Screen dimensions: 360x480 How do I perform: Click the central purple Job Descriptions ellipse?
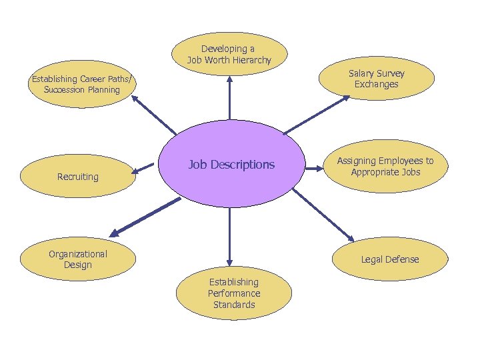[231, 164]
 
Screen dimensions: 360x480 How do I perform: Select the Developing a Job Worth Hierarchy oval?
[229, 54]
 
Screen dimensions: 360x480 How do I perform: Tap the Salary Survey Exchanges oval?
[376, 79]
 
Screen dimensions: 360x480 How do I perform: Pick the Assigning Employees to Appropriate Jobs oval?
[385, 166]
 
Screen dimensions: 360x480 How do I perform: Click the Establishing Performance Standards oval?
[233, 293]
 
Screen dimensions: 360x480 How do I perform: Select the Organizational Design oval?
[77, 259]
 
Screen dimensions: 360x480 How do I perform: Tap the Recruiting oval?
[77, 176]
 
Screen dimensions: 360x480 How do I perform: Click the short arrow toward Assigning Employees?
[314, 169]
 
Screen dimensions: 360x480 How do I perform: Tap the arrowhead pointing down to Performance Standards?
[229, 261]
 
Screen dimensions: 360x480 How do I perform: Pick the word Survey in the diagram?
[390, 73]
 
